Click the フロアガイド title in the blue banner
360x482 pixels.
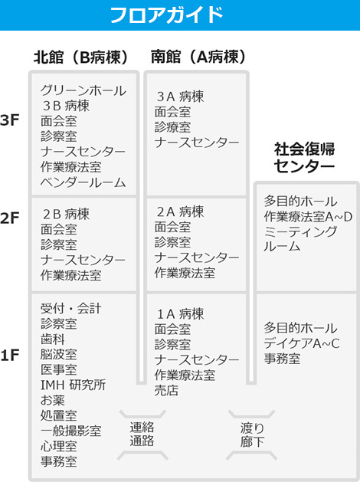tap(166, 15)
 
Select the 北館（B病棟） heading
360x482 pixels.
tap(80, 57)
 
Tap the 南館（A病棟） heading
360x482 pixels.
tap(198, 57)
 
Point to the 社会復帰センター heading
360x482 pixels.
tap(304, 158)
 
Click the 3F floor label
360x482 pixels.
tap(9, 120)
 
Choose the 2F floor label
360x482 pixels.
tap(9, 218)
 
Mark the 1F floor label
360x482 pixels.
tap(9, 355)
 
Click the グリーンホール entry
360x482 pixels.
tap(83, 90)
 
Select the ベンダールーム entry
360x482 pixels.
tap(83, 182)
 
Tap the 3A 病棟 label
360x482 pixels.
tap(180, 97)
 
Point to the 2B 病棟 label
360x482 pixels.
tap(66, 214)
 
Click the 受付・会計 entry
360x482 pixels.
tap(71, 308)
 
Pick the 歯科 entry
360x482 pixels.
tap(53, 339)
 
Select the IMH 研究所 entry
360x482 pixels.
tap(73, 385)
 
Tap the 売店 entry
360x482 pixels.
tap(166, 390)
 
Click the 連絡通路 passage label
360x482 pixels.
tap(142, 434)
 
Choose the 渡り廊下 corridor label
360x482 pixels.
tap(252, 434)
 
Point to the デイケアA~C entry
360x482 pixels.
tap(302, 343)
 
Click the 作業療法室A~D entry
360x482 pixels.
tap(308, 217)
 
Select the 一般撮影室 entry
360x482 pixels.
tap(71, 431)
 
